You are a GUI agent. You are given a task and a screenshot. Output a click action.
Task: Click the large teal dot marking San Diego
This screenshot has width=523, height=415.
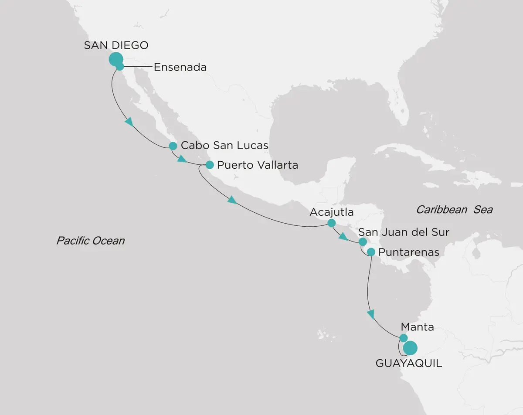click(115, 59)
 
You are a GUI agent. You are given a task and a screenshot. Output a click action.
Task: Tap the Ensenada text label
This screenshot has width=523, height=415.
click(180, 67)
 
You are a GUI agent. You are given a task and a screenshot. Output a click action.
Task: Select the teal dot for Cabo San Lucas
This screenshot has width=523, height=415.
click(173, 146)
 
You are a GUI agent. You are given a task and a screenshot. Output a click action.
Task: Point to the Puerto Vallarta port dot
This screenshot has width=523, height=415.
click(210, 165)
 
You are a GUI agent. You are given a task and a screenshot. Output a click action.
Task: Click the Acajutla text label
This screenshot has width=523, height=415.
click(331, 213)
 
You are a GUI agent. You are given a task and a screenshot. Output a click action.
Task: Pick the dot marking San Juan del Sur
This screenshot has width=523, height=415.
click(362, 242)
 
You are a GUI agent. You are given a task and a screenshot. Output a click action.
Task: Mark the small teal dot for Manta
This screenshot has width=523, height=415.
click(404, 338)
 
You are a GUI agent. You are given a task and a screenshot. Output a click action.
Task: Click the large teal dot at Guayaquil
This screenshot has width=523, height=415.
click(410, 348)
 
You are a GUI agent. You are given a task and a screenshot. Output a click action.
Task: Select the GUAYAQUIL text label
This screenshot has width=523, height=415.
click(408, 363)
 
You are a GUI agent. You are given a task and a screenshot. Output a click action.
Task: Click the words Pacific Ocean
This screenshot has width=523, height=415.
click(90, 240)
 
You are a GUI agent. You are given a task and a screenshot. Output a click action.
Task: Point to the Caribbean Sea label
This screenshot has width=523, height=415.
click(454, 210)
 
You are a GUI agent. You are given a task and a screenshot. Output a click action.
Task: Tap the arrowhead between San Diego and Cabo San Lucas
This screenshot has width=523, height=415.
click(129, 122)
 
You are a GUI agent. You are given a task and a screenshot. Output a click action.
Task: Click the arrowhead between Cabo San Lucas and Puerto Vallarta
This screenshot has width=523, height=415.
click(182, 159)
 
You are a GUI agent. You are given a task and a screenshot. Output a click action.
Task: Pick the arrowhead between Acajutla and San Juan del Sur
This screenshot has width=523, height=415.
click(344, 237)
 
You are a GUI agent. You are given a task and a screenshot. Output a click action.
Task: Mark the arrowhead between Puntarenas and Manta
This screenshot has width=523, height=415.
click(371, 313)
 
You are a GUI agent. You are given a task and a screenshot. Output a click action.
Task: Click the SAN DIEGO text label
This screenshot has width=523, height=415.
click(116, 45)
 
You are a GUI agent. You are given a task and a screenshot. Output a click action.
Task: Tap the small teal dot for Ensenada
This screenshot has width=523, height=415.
click(120, 67)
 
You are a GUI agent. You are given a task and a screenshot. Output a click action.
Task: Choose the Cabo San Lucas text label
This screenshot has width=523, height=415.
click(224, 146)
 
